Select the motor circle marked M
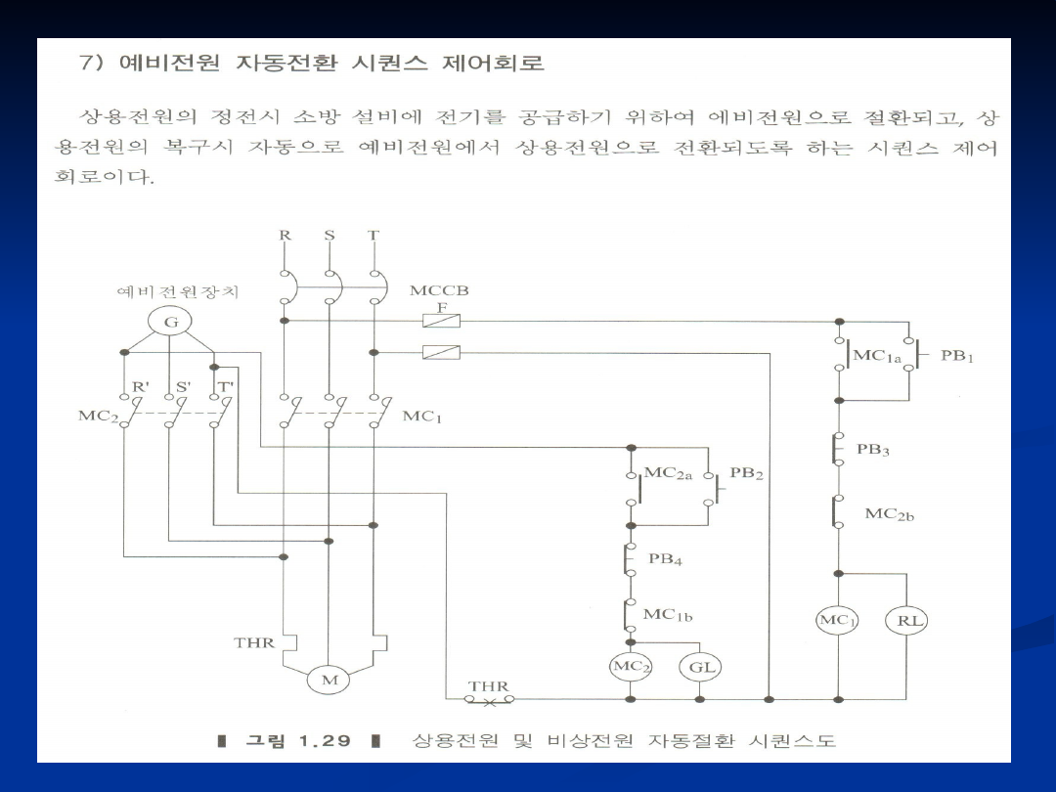pos(328,680)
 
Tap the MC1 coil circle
pos(838,621)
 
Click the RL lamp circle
pos(905,621)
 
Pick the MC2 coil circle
pos(631,668)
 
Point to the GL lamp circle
pos(701,668)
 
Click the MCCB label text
pos(439,291)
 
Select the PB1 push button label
pos(957,356)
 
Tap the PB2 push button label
pos(746,474)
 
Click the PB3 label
pos(873,451)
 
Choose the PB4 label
pos(665,560)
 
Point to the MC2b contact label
pos(889,513)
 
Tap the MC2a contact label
pos(668,474)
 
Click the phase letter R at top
pos(285,236)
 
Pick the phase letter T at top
pos(374,236)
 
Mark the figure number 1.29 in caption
pos(325,740)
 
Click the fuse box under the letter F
pos(434,320)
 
